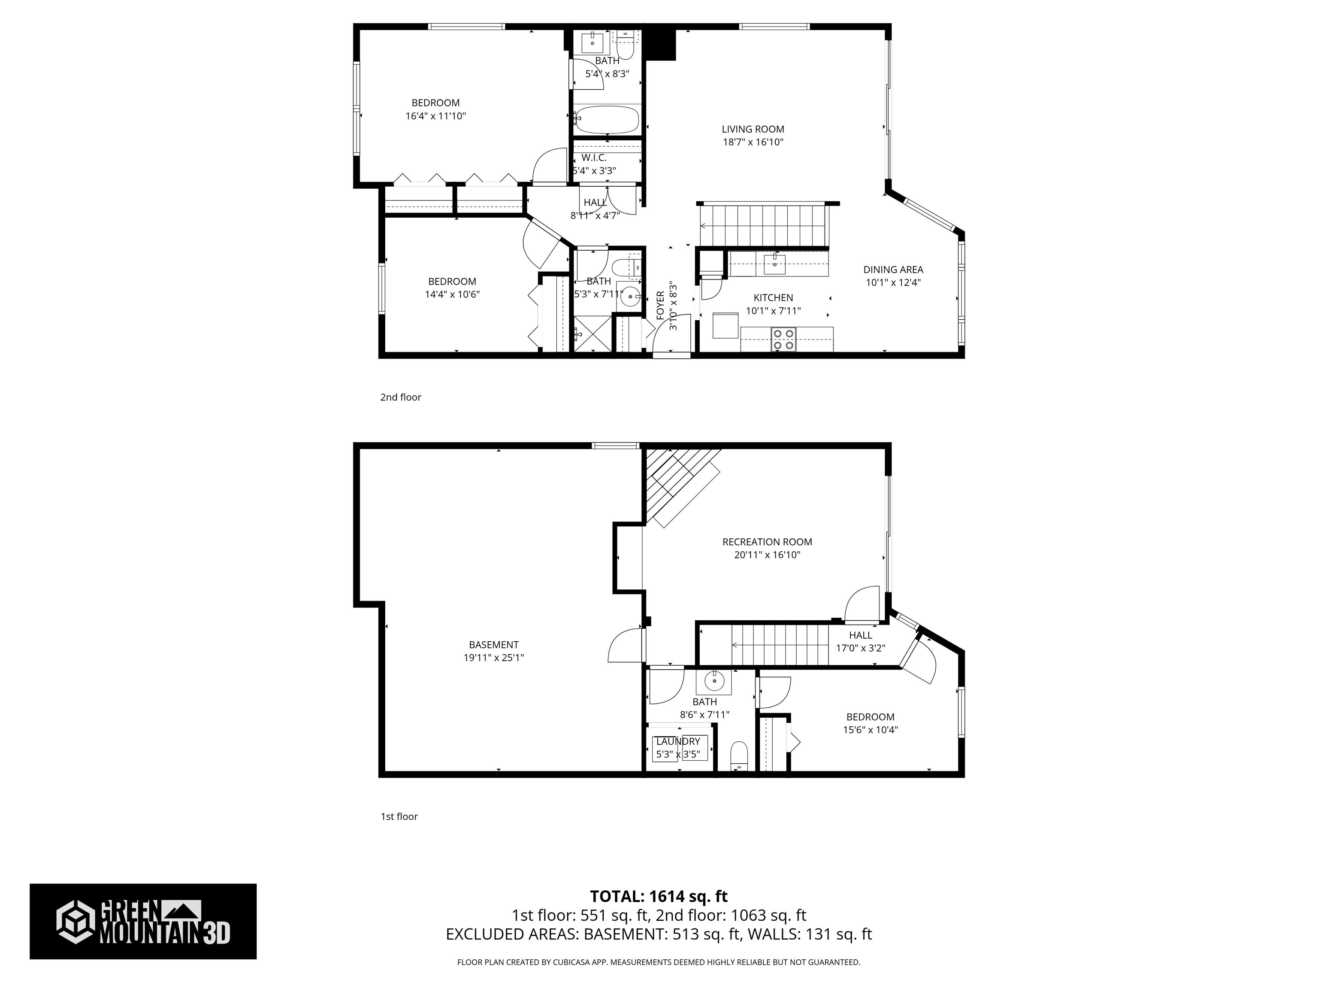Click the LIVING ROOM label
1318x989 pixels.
pos(753,129)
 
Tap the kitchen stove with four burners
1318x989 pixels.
pos(783,339)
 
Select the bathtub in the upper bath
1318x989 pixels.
pos(606,119)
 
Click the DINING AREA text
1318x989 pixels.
pos(892,270)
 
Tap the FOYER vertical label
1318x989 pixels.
pos(660,306)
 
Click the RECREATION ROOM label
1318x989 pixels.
pos(767,542)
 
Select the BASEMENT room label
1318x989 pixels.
pos(493,644)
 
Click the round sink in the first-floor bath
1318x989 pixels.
pos(713,680)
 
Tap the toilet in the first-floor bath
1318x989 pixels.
pos(739,755)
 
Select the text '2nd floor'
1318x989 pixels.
pos(400,397)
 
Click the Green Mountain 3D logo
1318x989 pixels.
pos(143,921)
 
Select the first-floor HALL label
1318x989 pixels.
pos(860,635)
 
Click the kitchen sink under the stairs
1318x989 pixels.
pos(774,264)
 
